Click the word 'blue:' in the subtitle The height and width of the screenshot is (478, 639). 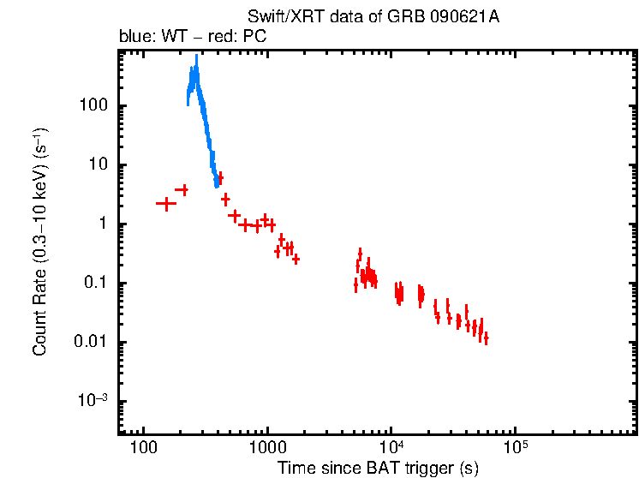coord(136,38)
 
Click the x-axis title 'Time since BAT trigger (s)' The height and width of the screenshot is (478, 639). coord(377,468)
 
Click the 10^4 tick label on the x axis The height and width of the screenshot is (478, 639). coord(391,448)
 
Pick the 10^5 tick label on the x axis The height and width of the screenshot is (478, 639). coord(515,448)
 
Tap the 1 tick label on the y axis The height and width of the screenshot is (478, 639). coord(101,224)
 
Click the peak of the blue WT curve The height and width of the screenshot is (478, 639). coord(196,57)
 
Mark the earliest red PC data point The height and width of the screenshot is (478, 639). coord(165,203)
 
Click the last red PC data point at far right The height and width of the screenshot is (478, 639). coord(486,338)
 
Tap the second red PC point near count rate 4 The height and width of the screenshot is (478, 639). coord(182,189)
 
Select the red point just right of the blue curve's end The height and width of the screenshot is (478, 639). coord(220,177)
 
